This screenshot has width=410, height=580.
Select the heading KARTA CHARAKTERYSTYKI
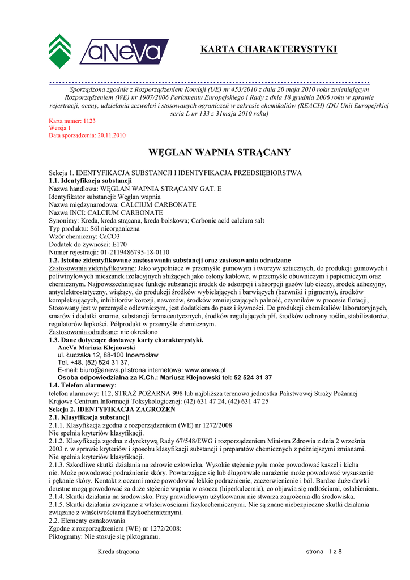pyautogui.click(x=268, y=50)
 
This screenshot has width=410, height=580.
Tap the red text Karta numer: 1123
pyautogui.click(x=72, y=121)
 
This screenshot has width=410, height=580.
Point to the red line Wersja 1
pyautogui.click(x=60, y=129)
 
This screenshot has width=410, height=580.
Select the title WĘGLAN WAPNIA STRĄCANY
pyautogui.click(x=219, y=152)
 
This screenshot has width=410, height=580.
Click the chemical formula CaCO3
pyautogui.click(x=109, y=236)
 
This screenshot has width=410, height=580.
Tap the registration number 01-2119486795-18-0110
pyautogui.click(x=134, y=252)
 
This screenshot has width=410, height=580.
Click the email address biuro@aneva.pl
pyautogui.click(x=108, y=369)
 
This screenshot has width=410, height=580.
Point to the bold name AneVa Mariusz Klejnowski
pyautogui.click(x=96, y=347)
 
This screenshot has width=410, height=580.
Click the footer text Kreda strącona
pyautogui.click(x=118, y=551)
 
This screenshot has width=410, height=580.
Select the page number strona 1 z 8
pyautogui.click(x=324, y=552)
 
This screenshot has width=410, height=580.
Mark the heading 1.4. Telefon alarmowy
pyautogui.click(x=82, y=385)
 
